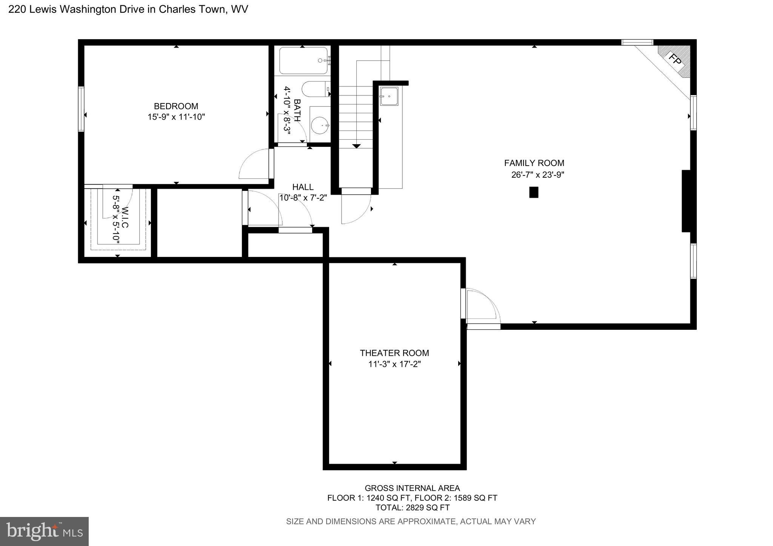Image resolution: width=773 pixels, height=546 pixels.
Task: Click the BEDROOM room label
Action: [176, 106]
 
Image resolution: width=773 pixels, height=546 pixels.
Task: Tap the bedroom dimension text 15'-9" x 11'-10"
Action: [176, 117]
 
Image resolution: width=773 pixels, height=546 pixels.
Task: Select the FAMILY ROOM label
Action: [534, 163]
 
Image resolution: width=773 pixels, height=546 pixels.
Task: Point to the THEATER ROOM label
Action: [394, 353]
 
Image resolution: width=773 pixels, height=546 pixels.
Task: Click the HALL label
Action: [303, 187]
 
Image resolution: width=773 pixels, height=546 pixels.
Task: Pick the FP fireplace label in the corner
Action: [676, 59]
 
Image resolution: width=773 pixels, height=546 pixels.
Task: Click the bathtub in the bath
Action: [303, 60]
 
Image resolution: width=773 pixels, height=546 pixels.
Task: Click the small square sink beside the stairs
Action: [389, 96]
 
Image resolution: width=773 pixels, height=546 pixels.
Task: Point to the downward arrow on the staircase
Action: [356, 146]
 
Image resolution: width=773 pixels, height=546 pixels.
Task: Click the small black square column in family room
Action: [533, 192]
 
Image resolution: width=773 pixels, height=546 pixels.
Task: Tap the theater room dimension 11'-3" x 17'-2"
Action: [394, 364]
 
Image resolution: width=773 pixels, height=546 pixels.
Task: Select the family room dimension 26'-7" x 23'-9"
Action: [537, 175]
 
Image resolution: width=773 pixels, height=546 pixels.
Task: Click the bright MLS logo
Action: [44, 531]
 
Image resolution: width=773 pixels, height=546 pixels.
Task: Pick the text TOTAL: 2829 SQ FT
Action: [412, 508]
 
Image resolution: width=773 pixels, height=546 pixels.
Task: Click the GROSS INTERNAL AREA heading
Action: [412, 488]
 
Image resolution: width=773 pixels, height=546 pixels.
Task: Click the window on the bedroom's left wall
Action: [81, 109]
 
